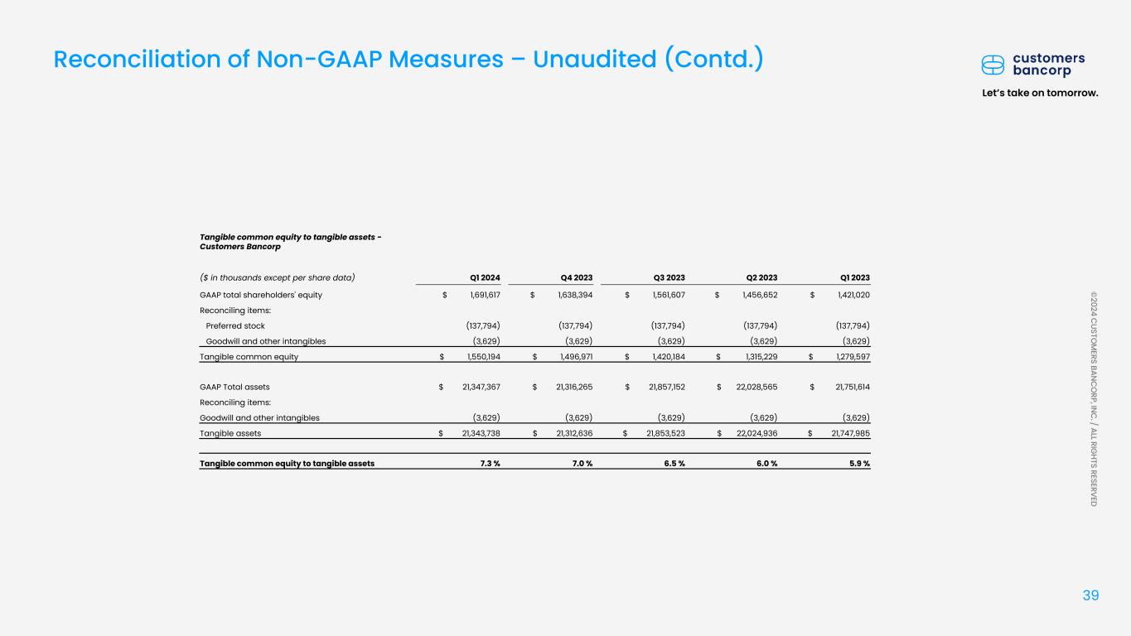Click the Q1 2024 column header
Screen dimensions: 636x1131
tap(484, 277)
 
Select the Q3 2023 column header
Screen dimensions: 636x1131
tap(669, 277)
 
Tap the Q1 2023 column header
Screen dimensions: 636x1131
tap(854, 277)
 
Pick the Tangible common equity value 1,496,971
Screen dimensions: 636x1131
tap(571, 357)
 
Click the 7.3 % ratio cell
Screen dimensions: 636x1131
tap(490, 464)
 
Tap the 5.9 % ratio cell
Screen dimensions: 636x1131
tap(860, 464)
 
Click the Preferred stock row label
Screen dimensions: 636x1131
tap(235, 325)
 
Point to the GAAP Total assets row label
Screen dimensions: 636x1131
tap(234, 387)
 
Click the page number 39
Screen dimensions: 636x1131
tap(1090, 595)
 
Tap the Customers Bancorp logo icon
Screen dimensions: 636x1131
tap(993, 65)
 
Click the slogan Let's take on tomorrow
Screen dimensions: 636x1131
tap(1040, 92)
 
